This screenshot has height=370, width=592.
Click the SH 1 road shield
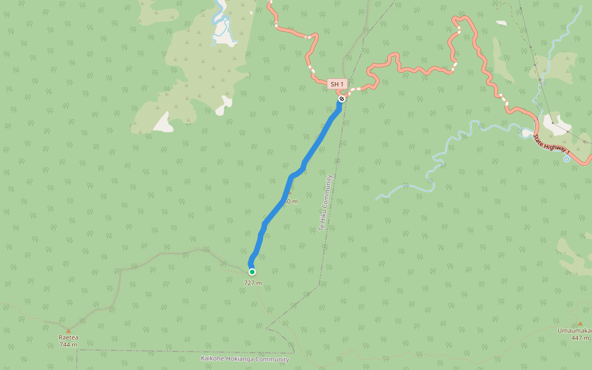point(337,84)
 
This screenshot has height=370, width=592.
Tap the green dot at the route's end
point(252,271)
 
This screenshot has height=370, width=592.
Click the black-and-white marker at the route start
point(341,99)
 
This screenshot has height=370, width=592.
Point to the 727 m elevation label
point(253,283)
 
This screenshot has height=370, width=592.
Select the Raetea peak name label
point(68,337)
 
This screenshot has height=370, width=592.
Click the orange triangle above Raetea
point(68,330)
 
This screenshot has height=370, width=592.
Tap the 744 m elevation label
point(68,344)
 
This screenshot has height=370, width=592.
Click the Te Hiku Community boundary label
point(325,203)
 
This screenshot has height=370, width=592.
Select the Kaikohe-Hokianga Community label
point(245,359)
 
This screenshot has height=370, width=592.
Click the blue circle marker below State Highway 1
point(567,159)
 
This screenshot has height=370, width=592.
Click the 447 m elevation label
point(580,337)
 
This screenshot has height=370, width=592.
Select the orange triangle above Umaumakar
point(580,323)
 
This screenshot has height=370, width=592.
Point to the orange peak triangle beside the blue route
point(290,192)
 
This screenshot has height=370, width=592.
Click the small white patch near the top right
point(501,23)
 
